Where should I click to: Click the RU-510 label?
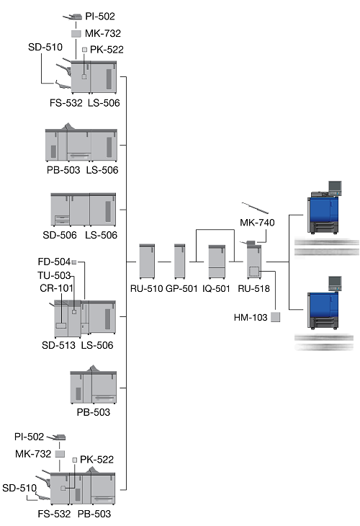tap(146, 288)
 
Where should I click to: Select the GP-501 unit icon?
tap(180, 262)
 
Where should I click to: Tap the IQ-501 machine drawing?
tap(217, 262)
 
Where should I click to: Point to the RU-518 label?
tap(253, 288)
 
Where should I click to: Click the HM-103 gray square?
tap(275, 317)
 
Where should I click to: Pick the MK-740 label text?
tap(257, 223)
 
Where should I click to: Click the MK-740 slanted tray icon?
tap(255, 208)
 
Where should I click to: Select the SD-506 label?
tap(60, 235)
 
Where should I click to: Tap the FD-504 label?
tap(54, 262)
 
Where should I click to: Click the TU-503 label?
tap(54, 275)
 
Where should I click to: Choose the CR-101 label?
tap(56, 288)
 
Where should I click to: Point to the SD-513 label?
tap(58, 345)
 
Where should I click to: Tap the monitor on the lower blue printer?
tap(335, 283)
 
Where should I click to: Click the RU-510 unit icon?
tap(147, 262)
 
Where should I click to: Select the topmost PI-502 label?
tap(100, 16)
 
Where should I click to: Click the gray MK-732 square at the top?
tap(76, 34)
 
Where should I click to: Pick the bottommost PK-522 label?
tap(96, 459)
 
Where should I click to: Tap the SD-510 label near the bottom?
tap(19, 488)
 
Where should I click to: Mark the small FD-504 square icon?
tap(74, 262)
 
